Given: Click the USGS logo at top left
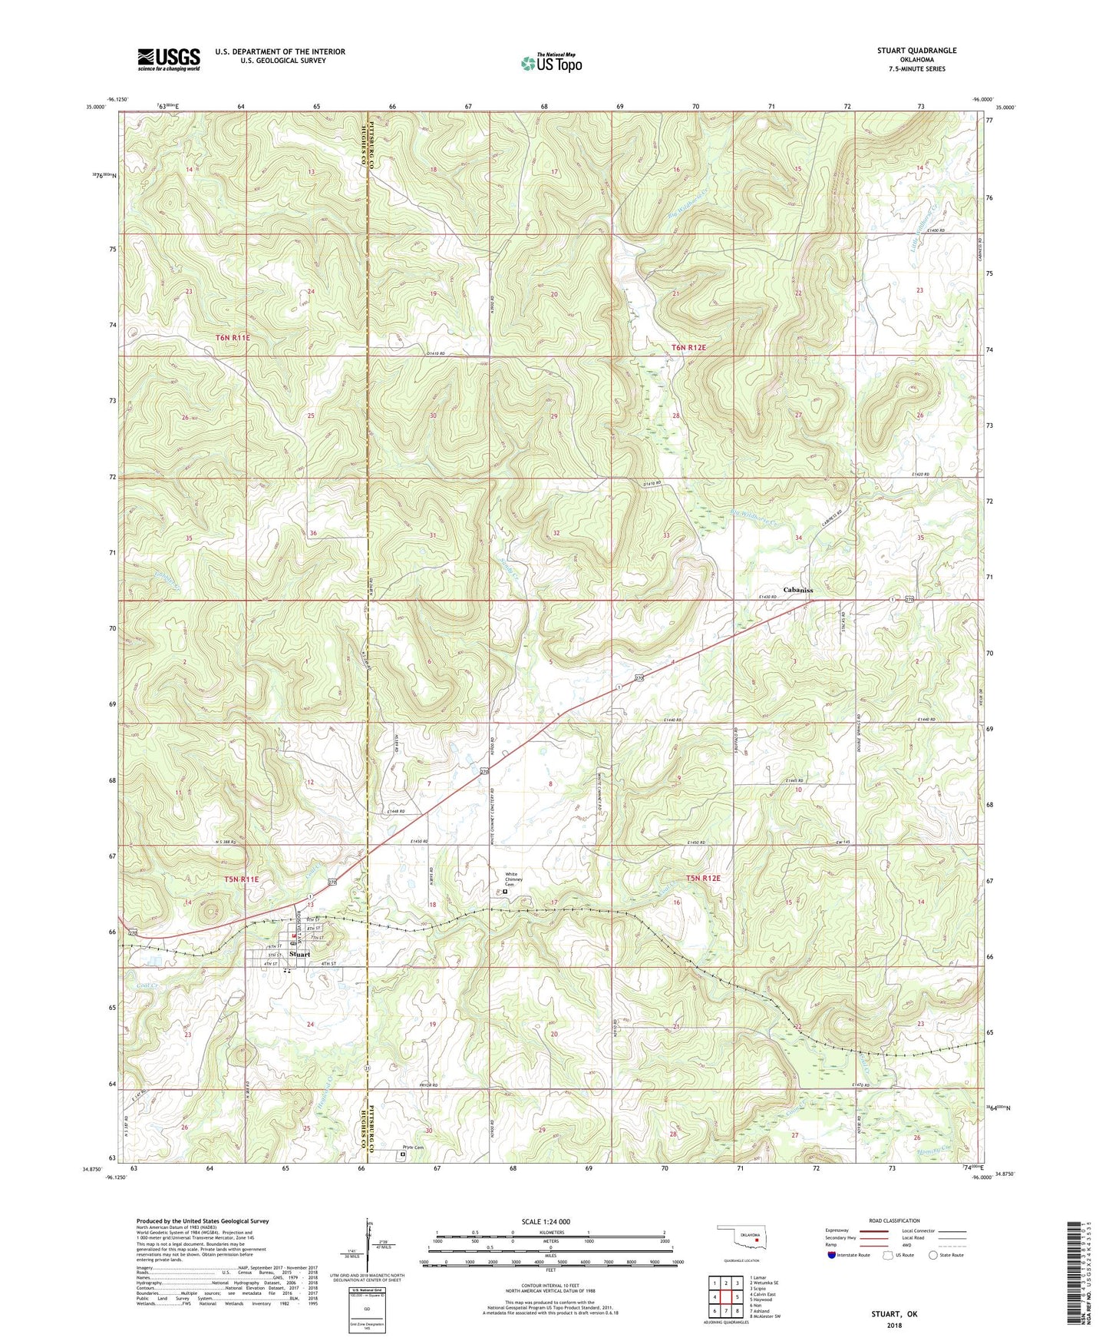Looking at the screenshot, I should pos(169,58).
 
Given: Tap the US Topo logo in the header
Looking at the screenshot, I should pos(550,63).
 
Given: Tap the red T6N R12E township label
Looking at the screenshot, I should pos(688,348).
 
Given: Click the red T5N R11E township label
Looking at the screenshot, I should pos(242,879).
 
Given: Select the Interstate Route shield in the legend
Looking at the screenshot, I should pos(832,1256).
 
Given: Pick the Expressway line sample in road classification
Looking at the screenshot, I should pos(873,1230).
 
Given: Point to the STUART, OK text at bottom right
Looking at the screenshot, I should pos(894,1313).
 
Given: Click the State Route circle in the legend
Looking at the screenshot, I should pos(932,1256).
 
